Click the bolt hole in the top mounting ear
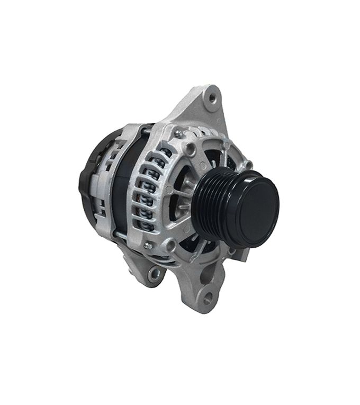[212, 97]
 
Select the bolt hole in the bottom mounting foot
[208, 298]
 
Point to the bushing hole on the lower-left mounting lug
[155, 274]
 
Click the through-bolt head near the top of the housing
[179, 134]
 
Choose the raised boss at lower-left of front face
[170, 246]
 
